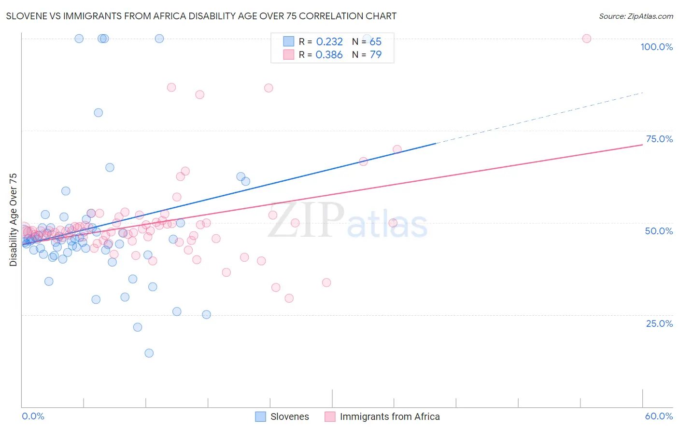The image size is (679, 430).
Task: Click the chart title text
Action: pyautogui.click(x=201, y=16)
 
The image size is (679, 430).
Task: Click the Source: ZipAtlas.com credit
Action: pyautogui.click(x=636, y=16)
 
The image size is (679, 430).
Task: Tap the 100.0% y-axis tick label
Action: pyautogui.click(x=656, y=47)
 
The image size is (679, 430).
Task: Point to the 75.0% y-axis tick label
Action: pyautogui.click(x=659, y=139)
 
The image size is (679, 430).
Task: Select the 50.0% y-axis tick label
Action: pyautogui.click(x=659, y=231)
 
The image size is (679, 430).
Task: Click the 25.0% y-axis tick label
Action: pyautogui.click(x=659, y=323)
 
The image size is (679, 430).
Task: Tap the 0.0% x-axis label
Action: pyautogui.click(x=33, y=416)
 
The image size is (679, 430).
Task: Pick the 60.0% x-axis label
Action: pyautogui.click(x=659, y=416)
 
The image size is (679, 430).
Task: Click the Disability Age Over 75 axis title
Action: pyautogui.click(x=13, y=220)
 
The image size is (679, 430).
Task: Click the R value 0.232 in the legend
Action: pyautogui.click(x=329, y=42)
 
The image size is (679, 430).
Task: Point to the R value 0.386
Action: pyautogui.click(x=329, y=54)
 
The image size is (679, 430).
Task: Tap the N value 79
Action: pyautogui.click(x=376, y=54)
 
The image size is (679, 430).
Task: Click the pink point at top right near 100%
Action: pyautogui.click(x=587, y=39)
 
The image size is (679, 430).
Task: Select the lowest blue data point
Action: pyautogui.click(x=149, y=353)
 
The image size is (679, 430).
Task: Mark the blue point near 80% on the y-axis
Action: pyautogui.click(x=98, y=113)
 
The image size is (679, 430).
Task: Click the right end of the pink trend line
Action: pyautogui.click(x=642, y=145)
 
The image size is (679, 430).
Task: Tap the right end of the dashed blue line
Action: pyautogui.click(x=642, y=93)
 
